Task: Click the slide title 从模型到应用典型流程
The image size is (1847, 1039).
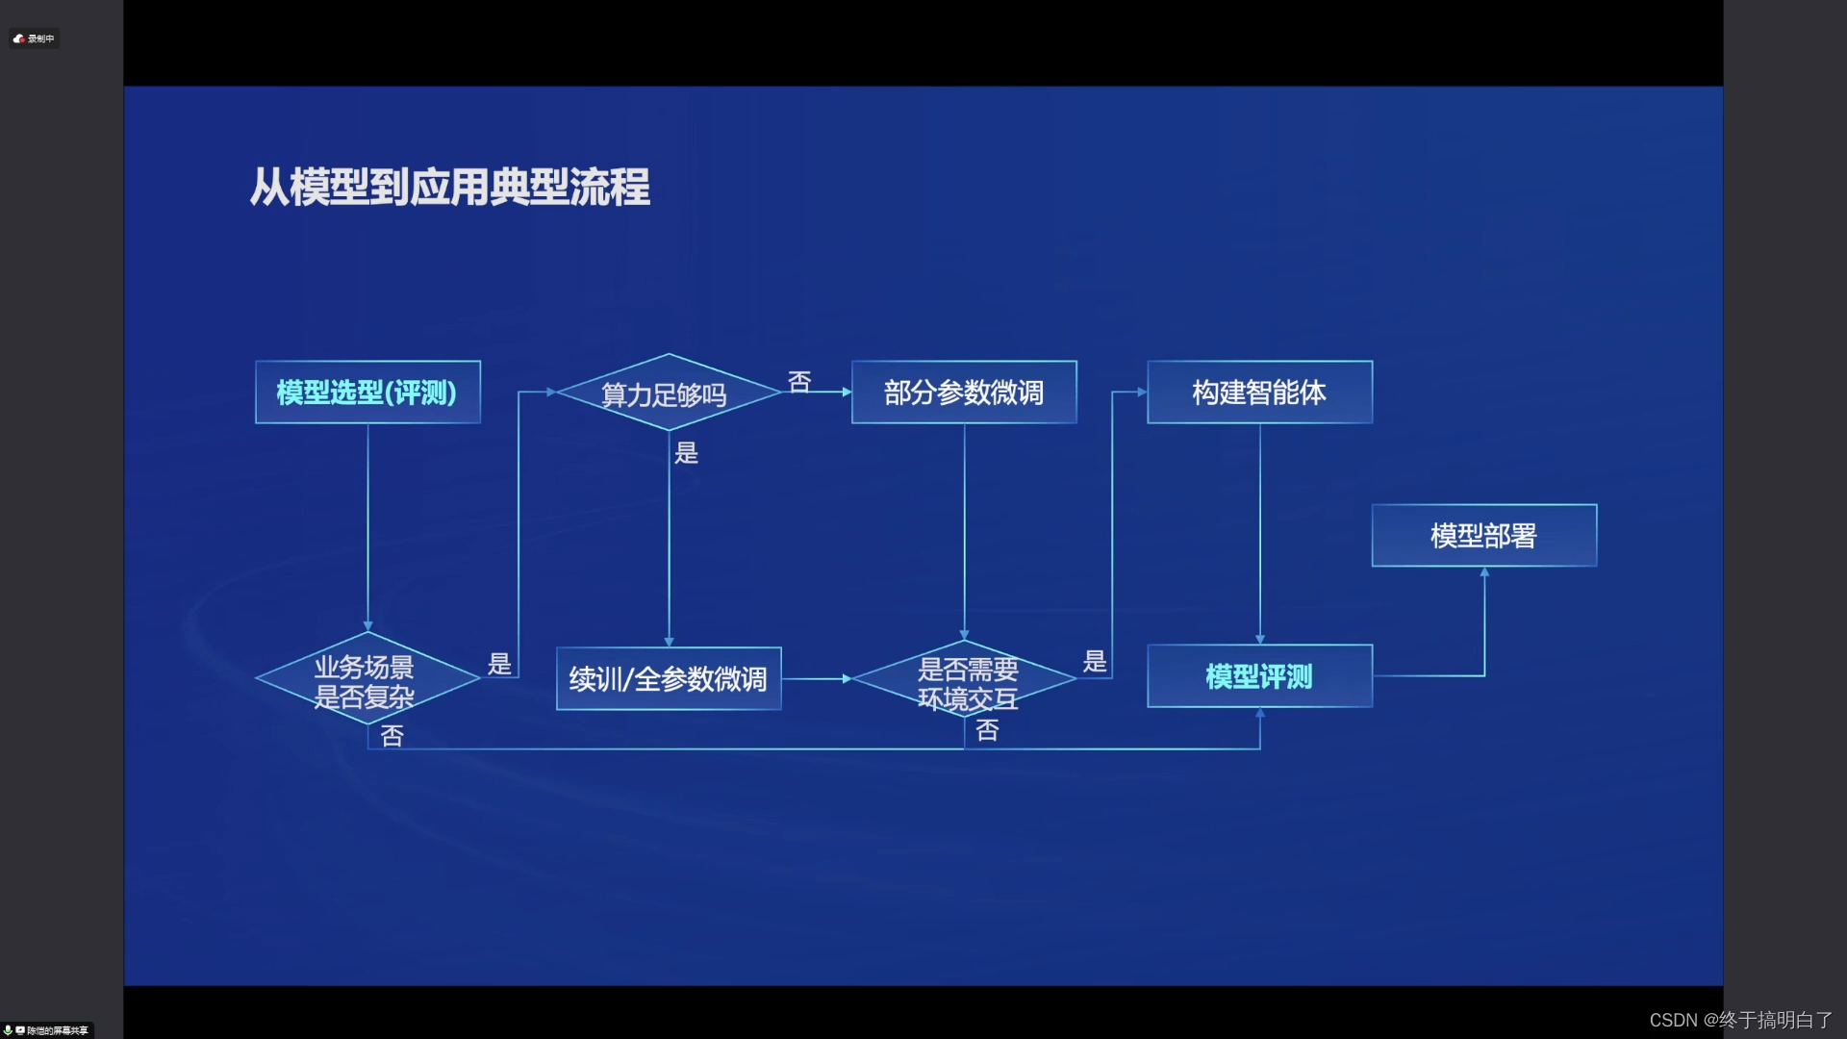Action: [x=449, y=187]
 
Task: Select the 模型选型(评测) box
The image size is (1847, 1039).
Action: [x=367, y=393]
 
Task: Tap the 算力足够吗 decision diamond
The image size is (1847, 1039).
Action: [x=668, y=393]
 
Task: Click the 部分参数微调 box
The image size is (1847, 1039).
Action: [x=964, y=393]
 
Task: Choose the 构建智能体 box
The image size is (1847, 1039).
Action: [x=1259, y=393]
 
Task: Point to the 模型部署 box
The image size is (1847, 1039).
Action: [x=1483, y=536]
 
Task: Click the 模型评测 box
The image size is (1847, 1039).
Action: [x=1259, y=676]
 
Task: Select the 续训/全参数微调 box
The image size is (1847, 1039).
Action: [x=669, y=679]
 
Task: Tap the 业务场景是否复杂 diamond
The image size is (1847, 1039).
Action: [x=367, y=680]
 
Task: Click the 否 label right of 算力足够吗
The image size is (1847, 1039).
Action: [x=799, y=382]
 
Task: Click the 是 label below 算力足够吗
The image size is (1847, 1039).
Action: [x=686, y=453]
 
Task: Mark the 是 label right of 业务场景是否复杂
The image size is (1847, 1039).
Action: [x=499, y=664]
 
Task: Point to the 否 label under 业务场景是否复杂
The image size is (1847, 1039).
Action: [x=392, y=736]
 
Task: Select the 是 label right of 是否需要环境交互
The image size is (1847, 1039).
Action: [x=1095, y=661]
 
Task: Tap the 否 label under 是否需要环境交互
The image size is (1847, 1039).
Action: [x=987, y=730]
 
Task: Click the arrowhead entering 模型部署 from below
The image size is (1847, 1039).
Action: [x=1484, y=572]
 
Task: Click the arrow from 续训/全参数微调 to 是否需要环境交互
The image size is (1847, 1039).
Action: [x=817, y=679]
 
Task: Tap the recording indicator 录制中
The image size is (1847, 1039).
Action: [x=35, y=38]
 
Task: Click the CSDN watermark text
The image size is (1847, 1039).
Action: [x=1740, y=1020]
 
